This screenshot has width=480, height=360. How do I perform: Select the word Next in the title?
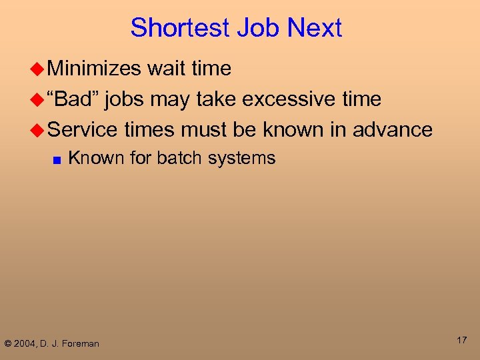coord(313,28)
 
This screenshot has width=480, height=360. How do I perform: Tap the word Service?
coord(83,129)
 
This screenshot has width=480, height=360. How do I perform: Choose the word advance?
coord(393,129)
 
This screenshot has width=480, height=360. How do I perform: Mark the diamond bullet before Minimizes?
coord(39,69)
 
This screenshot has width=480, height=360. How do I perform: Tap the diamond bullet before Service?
coord(39,130)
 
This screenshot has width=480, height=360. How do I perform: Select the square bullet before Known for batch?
coord(56,159)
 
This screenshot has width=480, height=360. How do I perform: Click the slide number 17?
coord(461,341)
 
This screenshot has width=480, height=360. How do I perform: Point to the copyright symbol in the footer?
coord(8,344)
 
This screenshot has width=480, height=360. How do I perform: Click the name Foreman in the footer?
coord(81,344)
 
